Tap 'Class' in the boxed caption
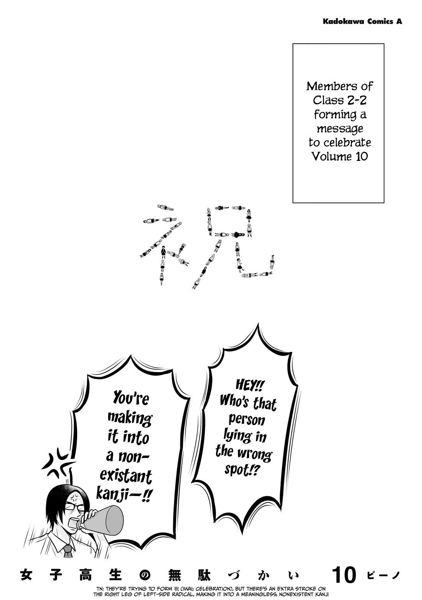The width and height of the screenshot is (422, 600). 327,101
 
